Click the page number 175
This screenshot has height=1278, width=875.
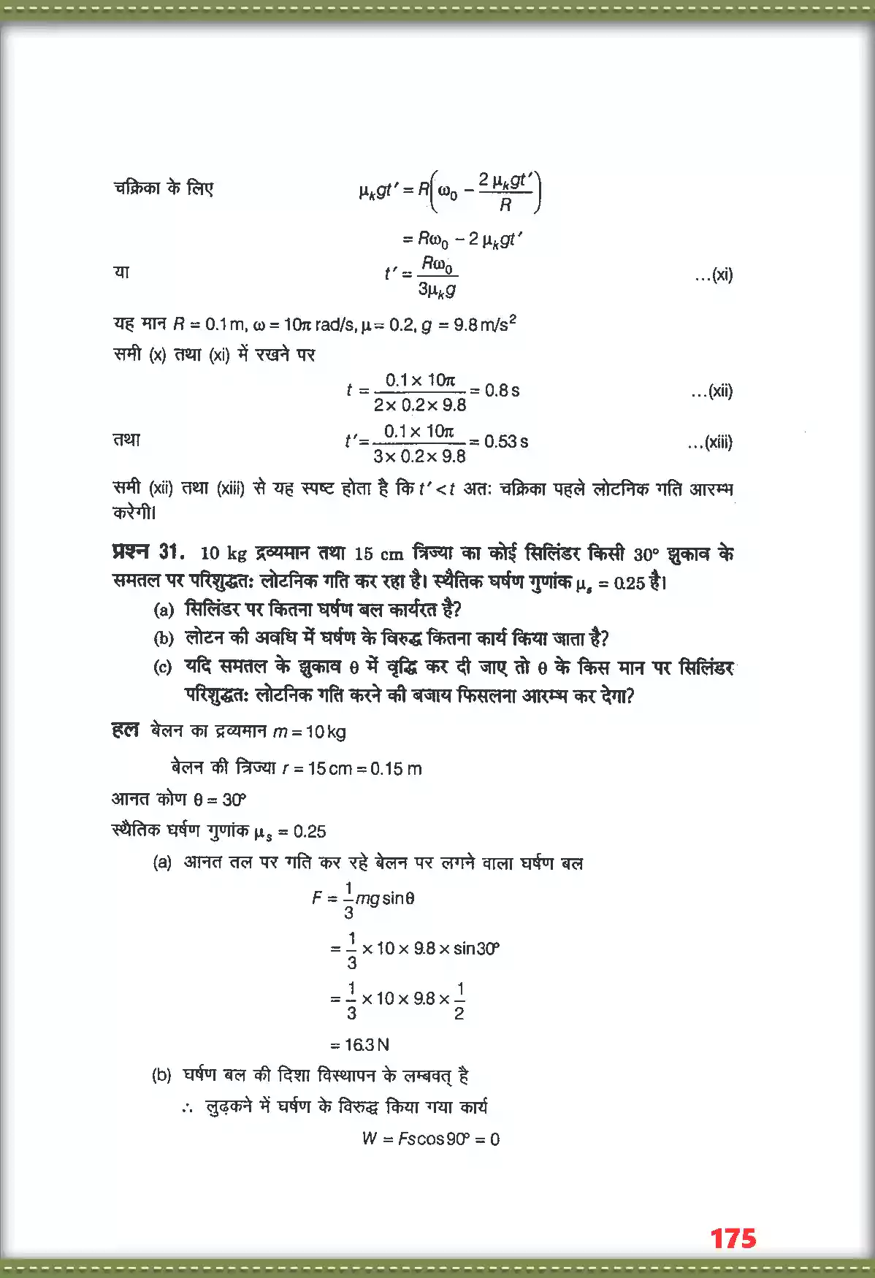pyautogui.click(x=733, y=1238)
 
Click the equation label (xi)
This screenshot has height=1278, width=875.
pyautogui.click(x=714, y=275)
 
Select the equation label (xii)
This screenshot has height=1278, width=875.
pyautogui.click(x=711, y=391)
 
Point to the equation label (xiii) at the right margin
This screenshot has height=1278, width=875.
pyautogui.click(x=710, y=442)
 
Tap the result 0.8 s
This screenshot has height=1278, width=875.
pyautogui.click(x=502, y=390)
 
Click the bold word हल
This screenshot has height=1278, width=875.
pyautogui.click(x=125, y=730)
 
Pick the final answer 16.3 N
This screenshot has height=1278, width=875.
pyautogui.click(x=365, y=1044)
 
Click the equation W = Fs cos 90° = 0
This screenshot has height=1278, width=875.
pyautogui.click(x=430, y=1139)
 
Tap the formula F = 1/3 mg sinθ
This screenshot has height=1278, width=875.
pyautogui.click(x=363, y=898)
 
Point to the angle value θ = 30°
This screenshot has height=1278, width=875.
pyautogui.click(x=220, y=800)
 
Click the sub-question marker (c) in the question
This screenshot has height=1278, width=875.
pyautogui.click(x=163, y=667)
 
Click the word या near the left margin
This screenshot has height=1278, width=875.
pyautogui.click(x=121, y=272)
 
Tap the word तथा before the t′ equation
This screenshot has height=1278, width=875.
pyautogui.click(x=126, y=440)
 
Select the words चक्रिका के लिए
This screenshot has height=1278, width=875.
pyautogui.click(x=163, y=188)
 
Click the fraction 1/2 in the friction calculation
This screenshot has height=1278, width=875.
pyautogui.click(x=459, y=1000)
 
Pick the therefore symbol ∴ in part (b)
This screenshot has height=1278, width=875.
pyautogui.click(x=188, y=1108)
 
